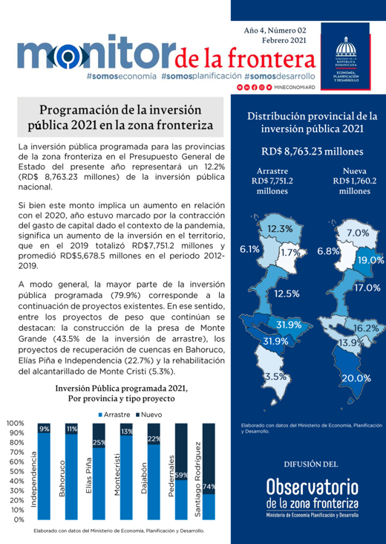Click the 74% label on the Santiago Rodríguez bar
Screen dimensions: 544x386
pos(209,487)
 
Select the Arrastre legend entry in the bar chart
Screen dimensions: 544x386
pos(113,413)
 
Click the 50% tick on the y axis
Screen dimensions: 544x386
pos(16,471)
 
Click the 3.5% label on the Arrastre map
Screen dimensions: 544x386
pos(275,377)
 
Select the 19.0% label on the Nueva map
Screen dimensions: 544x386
pos(370,261)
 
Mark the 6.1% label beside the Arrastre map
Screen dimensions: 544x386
pos(249,250)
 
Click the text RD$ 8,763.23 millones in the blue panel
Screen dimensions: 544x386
pos(312,152)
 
